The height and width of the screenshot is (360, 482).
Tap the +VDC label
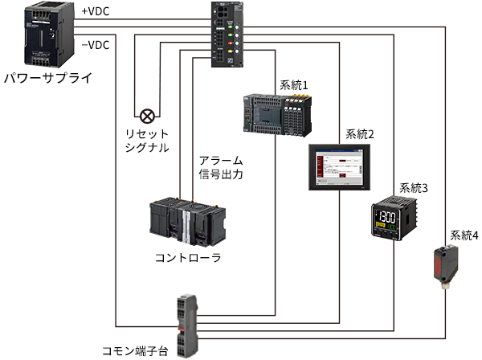pos(96,12)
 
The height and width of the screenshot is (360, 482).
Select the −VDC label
pos(96,45)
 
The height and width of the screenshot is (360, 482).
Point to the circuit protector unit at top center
pos(226,35)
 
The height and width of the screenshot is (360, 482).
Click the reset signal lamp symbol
pos(147,115)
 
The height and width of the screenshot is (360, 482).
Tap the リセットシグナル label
pos(147,139)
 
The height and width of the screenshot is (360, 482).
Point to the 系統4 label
pos(464,235)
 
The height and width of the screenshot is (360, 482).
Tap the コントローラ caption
pos(187,258)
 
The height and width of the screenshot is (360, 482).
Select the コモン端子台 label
pos(135,351)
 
